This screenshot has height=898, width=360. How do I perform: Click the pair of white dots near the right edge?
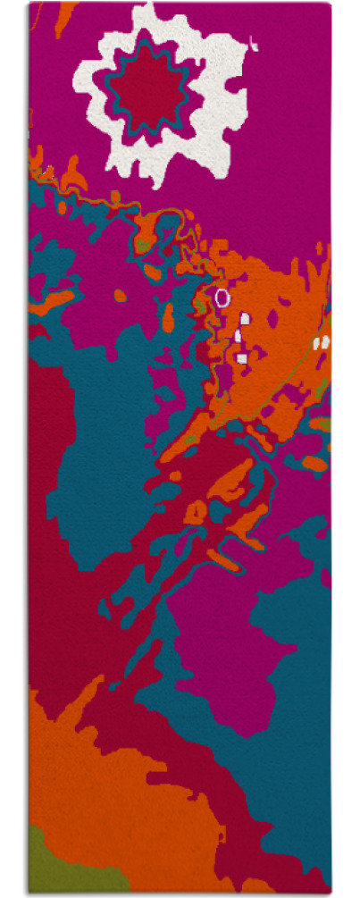[x=321, y=342]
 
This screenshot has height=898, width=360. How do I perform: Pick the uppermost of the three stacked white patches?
[x=245, y=317]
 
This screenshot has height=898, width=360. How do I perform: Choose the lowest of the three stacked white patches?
[x=241, y=358]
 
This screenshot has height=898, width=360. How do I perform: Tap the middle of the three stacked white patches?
[x=239, y=336]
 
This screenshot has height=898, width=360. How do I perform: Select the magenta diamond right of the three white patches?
[x=272, y=319]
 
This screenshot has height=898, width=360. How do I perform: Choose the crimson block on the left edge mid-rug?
[x=45, y=429]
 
